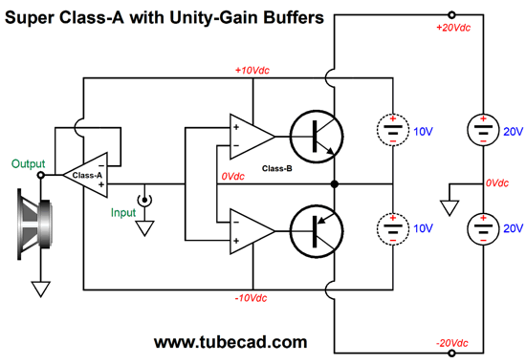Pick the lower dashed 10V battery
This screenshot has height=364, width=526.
click(x=393, y=228)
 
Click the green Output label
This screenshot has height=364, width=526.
click(x=28, y=162)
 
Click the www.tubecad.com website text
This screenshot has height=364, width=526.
click(x=230, y=341)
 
